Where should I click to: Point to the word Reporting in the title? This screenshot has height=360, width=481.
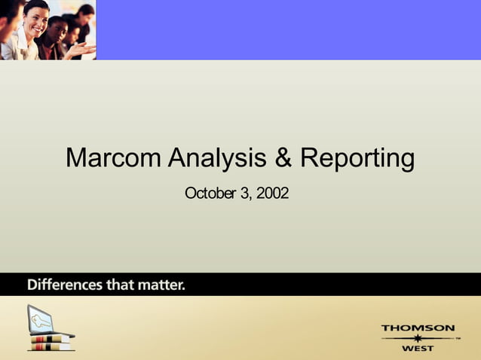coord(357,159)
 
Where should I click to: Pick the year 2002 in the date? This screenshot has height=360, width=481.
coord(272,194)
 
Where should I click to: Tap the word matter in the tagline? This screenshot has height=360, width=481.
coord(164,285)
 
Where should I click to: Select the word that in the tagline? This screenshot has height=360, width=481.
coord(121,285)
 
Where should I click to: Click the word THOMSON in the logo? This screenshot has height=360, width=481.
coord(418,328)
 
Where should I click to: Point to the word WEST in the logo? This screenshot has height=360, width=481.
coord(418,349)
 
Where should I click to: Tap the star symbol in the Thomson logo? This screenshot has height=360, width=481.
coord(418,339)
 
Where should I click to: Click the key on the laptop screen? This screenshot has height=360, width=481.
coord(42,320)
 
